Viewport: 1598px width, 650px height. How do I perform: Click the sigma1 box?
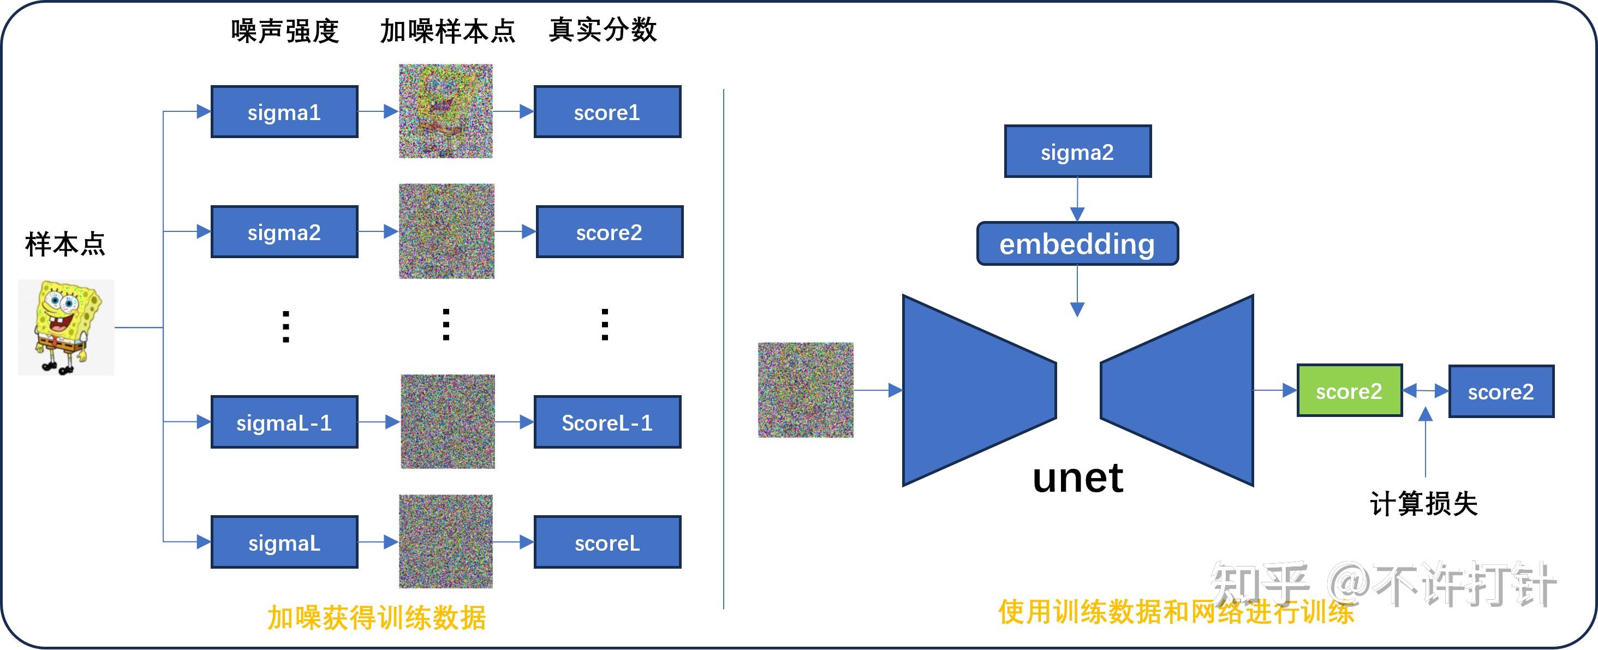point(284,112)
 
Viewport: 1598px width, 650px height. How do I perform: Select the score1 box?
point(607,112)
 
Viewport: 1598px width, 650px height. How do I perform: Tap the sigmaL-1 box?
point(284,422)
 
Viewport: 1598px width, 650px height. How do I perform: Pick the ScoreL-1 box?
point(607,422)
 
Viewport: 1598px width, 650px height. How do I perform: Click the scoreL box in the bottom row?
point(607,542)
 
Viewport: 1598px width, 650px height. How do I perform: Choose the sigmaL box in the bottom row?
point(284,542)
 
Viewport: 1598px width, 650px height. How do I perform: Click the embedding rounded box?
point(1077,244)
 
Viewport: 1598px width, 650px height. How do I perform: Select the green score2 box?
point(1349,391)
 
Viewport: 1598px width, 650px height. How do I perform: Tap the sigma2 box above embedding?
point(1077,151)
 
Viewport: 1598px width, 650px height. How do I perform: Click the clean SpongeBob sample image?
point(65,327)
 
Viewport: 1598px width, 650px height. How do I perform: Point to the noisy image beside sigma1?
point(445,111)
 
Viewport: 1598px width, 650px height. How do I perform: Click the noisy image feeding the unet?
point(805,390)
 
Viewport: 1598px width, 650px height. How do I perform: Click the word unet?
point(1077,478)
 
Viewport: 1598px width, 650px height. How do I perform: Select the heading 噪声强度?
point(285,31)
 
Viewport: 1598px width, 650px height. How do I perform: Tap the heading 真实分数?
point(603,30)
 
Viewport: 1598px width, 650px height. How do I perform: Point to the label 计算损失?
point(1424,503)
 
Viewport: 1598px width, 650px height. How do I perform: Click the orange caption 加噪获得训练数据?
point(377,618)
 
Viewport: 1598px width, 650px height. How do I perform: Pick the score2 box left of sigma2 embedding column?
point(609,232)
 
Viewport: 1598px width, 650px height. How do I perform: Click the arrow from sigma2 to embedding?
point(1077,199)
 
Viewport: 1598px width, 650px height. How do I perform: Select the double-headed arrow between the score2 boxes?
point(1426,391)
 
